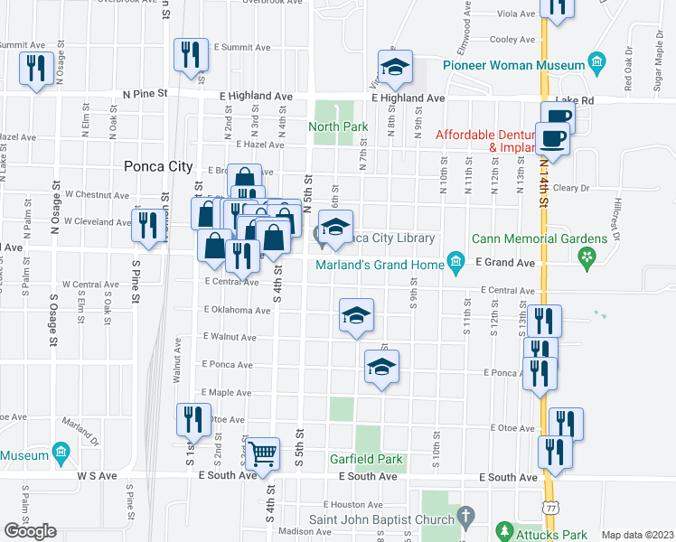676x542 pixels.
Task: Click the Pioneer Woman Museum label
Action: point(514,65)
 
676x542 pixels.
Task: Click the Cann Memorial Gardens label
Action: point(539,238)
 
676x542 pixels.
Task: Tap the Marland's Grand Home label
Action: point(380,265)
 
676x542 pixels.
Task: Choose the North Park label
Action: point(338,126)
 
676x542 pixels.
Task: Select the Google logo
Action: point(31,531)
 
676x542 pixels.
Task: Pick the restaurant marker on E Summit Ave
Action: point(192,54)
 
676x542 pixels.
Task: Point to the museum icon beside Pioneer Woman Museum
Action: point(596,63)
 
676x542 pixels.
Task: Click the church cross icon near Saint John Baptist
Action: point(465,518)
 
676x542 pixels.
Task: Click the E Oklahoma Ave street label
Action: point(237,310)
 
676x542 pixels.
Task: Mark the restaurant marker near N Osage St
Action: point(36,70)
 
